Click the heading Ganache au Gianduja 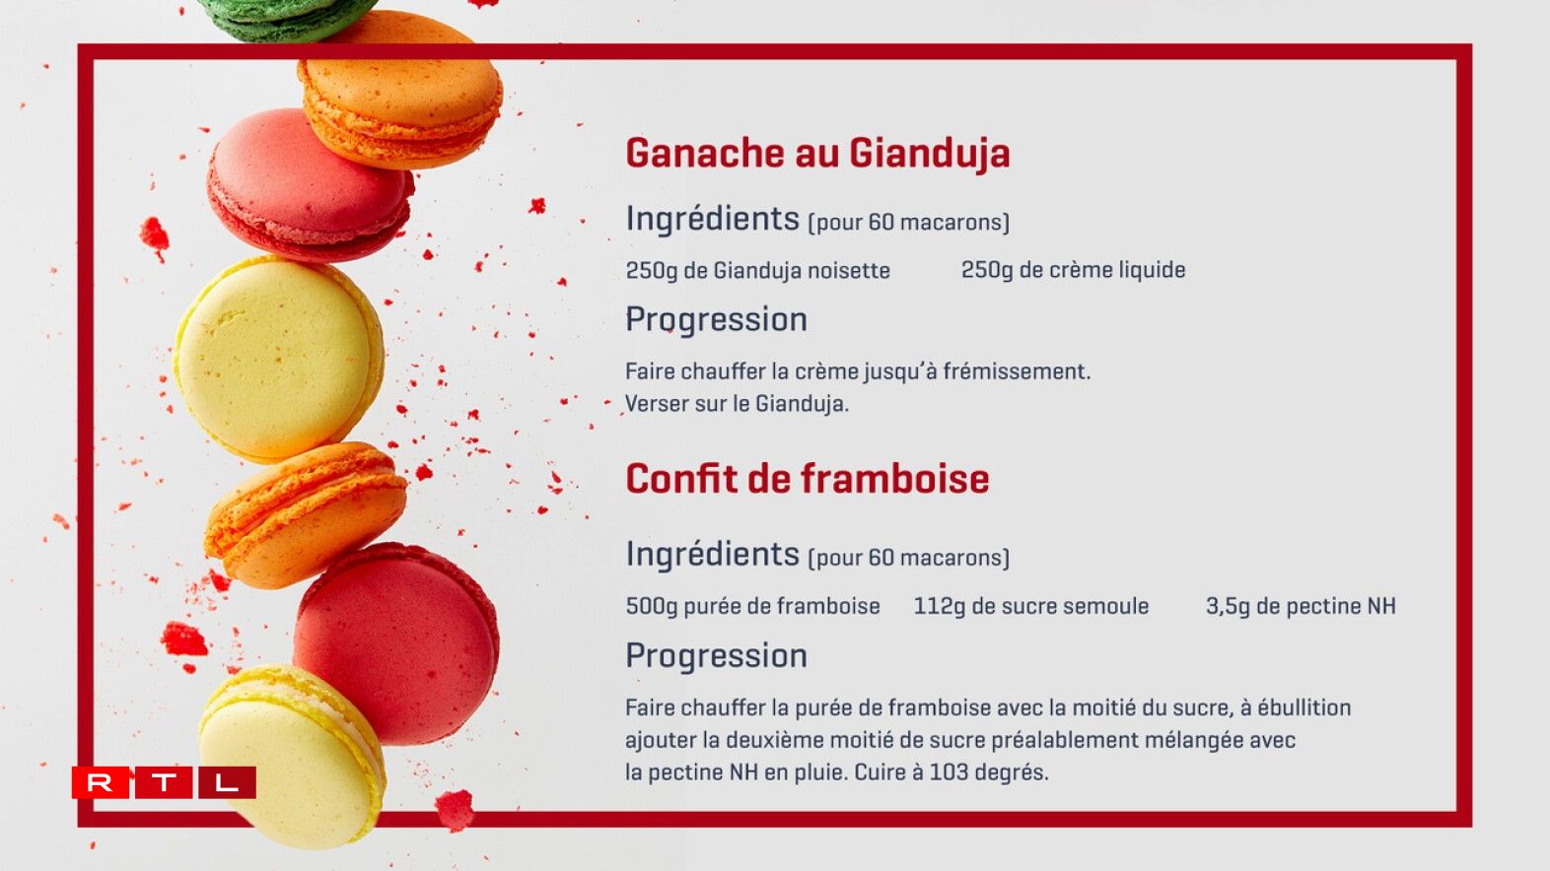818,154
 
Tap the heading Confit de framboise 808,478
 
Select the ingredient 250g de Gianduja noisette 757,270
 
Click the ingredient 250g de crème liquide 1073,270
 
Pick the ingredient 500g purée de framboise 753,606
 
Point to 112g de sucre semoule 1031,606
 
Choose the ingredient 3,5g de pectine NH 1301,606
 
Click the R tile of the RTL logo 101,782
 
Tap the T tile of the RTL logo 164,782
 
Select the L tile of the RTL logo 227,782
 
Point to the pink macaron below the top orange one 310,185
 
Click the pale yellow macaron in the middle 279,358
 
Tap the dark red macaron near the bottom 396,642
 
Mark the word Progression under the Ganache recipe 716,320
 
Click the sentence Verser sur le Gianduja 737,404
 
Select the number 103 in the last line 949,771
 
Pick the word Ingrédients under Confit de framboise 713,555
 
